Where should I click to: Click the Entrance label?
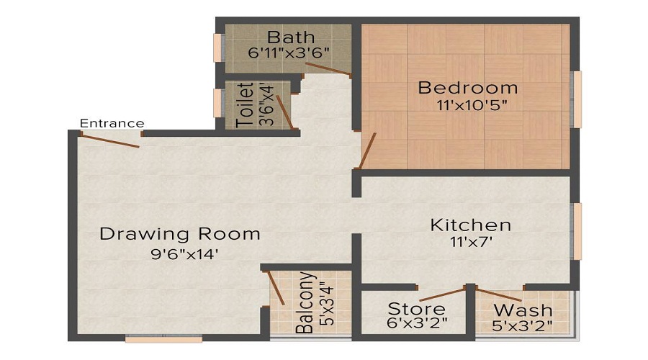point(112,123)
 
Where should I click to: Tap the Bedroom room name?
point(468,88)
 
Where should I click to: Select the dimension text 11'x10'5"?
point(468,105)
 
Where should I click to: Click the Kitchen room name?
point(471,225)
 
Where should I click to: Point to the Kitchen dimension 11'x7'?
point(471,243)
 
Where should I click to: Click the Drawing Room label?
point(180,234)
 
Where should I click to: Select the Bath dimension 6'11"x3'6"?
point(287,53)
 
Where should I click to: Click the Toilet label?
point(246,105)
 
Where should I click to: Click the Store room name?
point(417,310)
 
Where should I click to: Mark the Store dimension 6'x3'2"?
point(417,324)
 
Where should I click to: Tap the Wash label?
point(523,310)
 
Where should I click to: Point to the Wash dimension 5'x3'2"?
point(523,325)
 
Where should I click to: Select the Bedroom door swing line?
point(367,150)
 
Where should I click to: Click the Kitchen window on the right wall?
point(576,230)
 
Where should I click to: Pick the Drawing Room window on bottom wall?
point(153,338)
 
